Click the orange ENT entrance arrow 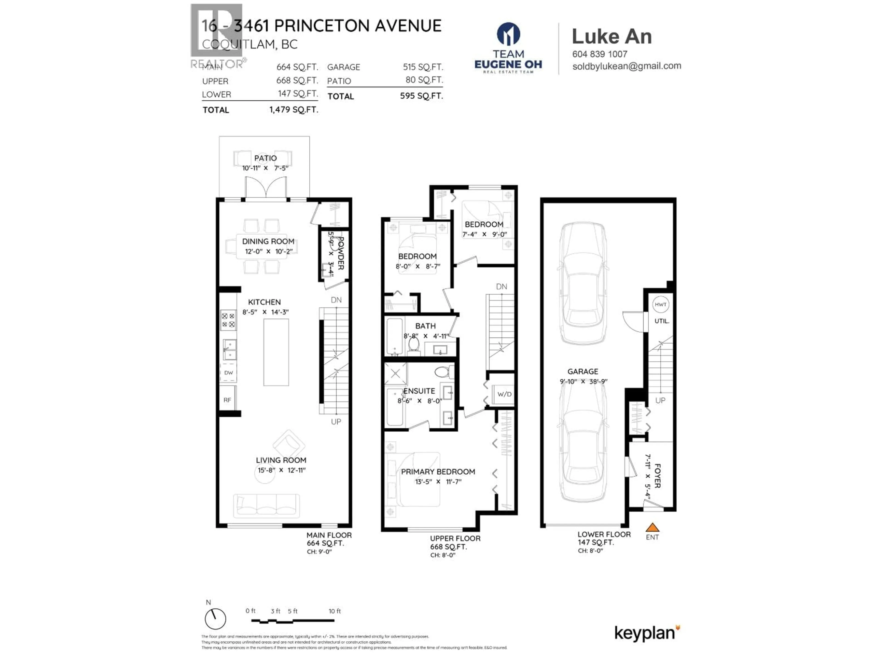(x=652, y=527)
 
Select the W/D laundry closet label (x=504, y=394)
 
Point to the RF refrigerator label (x=227, y=400)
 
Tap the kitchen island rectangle (x=276, y=352)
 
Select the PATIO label (x=265, y=158)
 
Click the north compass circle (x=215, y=619)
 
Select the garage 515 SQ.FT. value (x=423, y=67)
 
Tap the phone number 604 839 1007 (x=600, y=54)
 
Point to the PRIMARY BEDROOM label (x=438, y=472)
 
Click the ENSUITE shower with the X (x=395, y=373)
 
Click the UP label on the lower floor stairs (x=660, y=401)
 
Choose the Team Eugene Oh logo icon (x=508, y=34)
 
